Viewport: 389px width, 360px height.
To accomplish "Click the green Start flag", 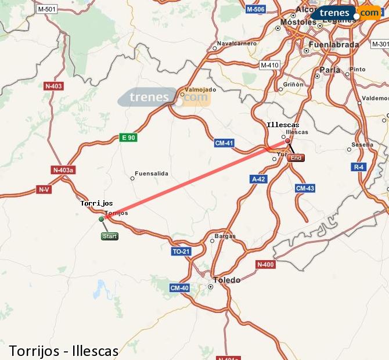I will coord(109,236).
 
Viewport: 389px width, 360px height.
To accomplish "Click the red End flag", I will coord(296,158).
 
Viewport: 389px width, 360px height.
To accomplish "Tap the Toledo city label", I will coord(226,280).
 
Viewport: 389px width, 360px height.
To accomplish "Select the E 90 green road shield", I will coord(128,138).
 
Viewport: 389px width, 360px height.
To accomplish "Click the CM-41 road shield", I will coord(224,143).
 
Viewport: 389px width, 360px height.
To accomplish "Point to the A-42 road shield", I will coord(258,179).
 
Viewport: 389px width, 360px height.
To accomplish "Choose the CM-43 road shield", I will coord(305,188).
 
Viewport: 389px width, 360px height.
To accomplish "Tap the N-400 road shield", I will coord(265,265).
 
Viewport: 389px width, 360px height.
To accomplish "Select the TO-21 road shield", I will coord(181,251).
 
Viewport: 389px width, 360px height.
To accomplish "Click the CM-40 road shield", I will coord(179,288).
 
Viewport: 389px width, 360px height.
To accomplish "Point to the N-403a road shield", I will coord(63,170).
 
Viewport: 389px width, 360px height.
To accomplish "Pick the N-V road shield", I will coord(44,189).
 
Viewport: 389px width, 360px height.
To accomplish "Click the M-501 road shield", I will coord(46,9).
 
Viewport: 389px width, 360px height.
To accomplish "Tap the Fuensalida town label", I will coord(151,174).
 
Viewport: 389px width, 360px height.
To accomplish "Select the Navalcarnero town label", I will coord(236,44).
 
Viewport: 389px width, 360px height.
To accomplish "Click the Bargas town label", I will coord(225,236).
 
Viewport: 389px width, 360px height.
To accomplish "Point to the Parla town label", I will coord(330,70).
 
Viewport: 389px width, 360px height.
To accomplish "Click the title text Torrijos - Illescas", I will coord(64,351).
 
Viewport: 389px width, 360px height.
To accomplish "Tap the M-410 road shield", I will coord(269,65).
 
